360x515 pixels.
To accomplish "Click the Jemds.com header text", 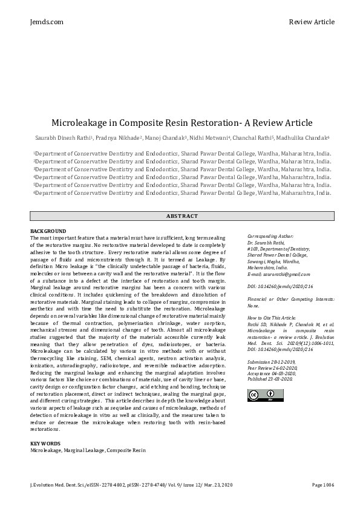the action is pyautogui.click(x=46, y=22).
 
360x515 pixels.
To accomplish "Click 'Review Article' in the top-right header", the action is pyautogui.click(x=311, y=22).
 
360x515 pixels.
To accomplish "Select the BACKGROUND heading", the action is pyautogui.click(x=48, y=231).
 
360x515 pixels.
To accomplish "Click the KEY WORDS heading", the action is pyautogui.click(x=45, y=444).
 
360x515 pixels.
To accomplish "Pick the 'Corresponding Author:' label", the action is pyautogui.click(x=270, y=236).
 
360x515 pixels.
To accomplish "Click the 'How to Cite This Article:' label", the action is pyautogui.click(x=272, y=318).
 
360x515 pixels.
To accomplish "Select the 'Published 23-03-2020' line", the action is pyautogui.click(x=272, y=378).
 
